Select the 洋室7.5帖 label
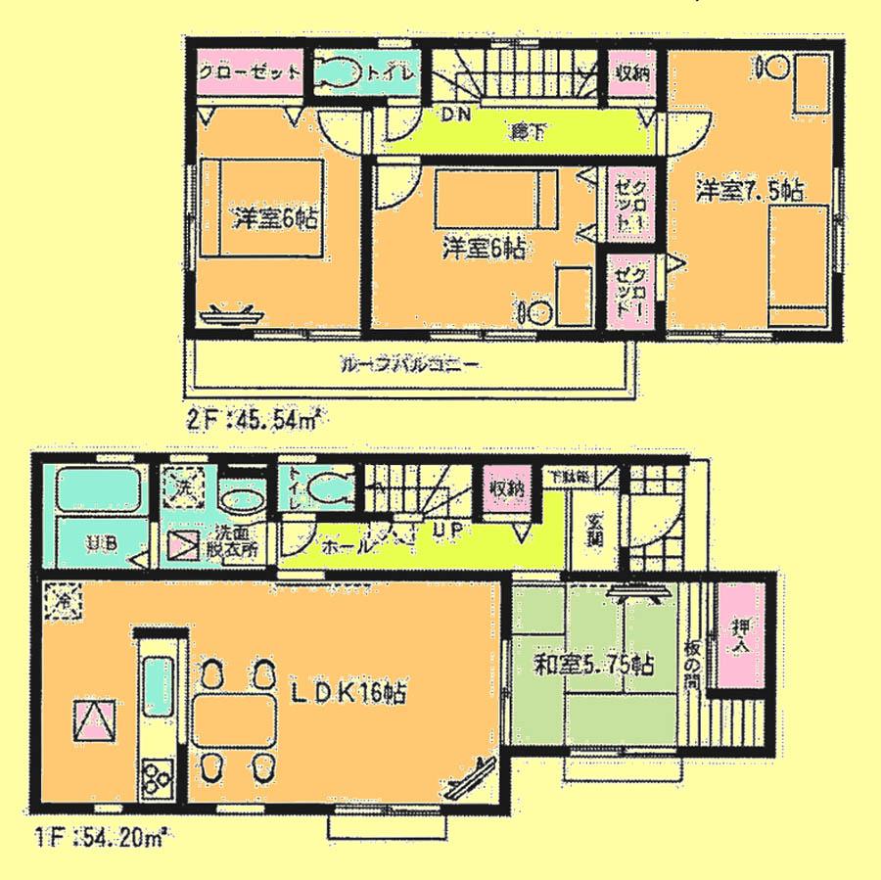click(x=751, y=189)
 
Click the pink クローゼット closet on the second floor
click(x=251, y=73)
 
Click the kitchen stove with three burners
click(x=156, y=779)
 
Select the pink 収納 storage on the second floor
click(x=628, y=73)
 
